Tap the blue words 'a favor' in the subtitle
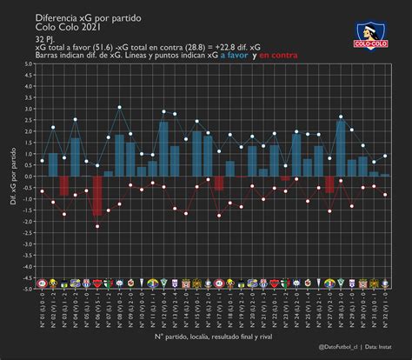click(233, 55)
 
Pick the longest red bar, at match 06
click(97, 196)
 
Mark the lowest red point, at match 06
click(97, 226)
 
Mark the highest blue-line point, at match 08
click(120, 107)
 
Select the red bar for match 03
click(64, 185)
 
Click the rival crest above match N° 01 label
click(42, 283)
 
